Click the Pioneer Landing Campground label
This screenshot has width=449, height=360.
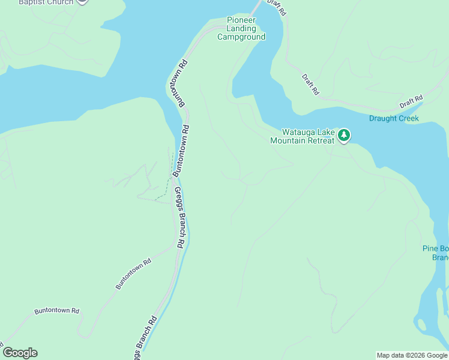pyautogui.click(x=241, y=28)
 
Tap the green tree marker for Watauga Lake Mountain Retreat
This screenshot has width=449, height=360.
pyautogui.click(x=343, y=135)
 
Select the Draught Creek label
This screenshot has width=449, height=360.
pyautogui.click(x=394, y=118)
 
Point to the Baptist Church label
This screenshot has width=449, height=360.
pyautogui.click(x=46, y=2)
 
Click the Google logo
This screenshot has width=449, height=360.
pyautogui.click(x=20, y=353)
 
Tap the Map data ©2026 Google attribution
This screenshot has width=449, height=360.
pyautogui.click(x=412, y=355)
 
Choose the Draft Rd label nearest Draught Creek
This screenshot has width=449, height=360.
pyautogui.click(x=411, y=101)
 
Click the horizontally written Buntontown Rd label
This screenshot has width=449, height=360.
pyautogui.click(x=57, y=311)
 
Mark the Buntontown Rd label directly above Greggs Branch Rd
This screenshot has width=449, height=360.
pyautogui.click(x=181, y=150)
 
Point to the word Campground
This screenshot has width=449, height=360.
pyautogui.click(x=241, y=37)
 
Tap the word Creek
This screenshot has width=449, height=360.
pyautogui.click(x=407, y=118)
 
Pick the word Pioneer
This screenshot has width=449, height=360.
pyautogui.click(x=241, y=20)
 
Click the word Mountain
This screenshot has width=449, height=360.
pyautogui.click(x=288, y=140)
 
